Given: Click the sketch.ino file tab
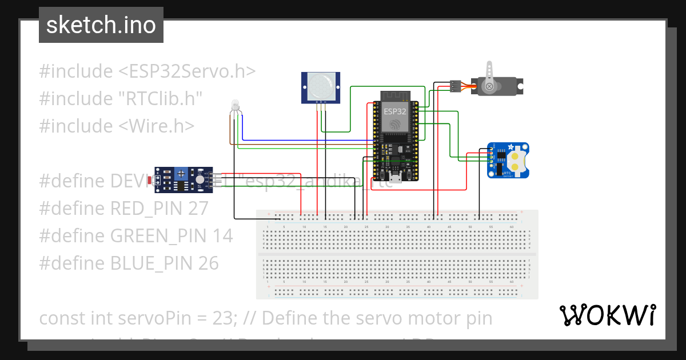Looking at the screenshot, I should (x=101, y=25).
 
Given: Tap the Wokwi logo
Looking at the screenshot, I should (x=607, y=315).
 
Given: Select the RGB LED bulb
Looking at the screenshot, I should (x=234, y=105).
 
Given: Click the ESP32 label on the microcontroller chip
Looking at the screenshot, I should (x=394, y=111).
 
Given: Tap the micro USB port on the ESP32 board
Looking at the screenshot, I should (x=395, y=177).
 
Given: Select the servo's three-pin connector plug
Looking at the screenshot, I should (x=456, y=86).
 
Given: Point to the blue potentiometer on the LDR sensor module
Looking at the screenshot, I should (x=181, y=173).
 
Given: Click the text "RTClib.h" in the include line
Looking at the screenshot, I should (x=161, y=99).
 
